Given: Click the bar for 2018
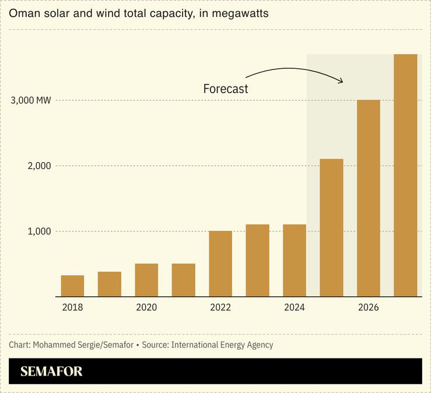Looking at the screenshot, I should click(72, 286).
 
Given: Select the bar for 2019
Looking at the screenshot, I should click(110, 284).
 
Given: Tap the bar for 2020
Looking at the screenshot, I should click(146, 280).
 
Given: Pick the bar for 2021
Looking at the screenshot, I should click(183, 280).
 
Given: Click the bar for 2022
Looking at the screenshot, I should click(220, 264).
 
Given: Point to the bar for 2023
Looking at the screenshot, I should click(257, 261).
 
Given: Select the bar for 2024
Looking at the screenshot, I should click(295, 261).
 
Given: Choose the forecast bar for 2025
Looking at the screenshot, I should click(331, 227).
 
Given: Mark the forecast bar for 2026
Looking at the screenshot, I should click(369, 198).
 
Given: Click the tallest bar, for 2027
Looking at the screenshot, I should click(405, 175).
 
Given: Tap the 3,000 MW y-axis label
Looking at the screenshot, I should click(31, 100).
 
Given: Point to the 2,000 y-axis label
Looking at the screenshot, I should click(39, 166).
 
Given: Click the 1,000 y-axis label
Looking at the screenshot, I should click(39, 231).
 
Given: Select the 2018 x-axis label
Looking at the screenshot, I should click(72, 308).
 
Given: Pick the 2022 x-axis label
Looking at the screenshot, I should click(220, 308).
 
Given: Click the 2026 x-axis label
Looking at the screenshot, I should click(369, 308).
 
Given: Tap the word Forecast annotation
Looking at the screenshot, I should click(226, 89).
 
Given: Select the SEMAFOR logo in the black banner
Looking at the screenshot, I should click(51, 371).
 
